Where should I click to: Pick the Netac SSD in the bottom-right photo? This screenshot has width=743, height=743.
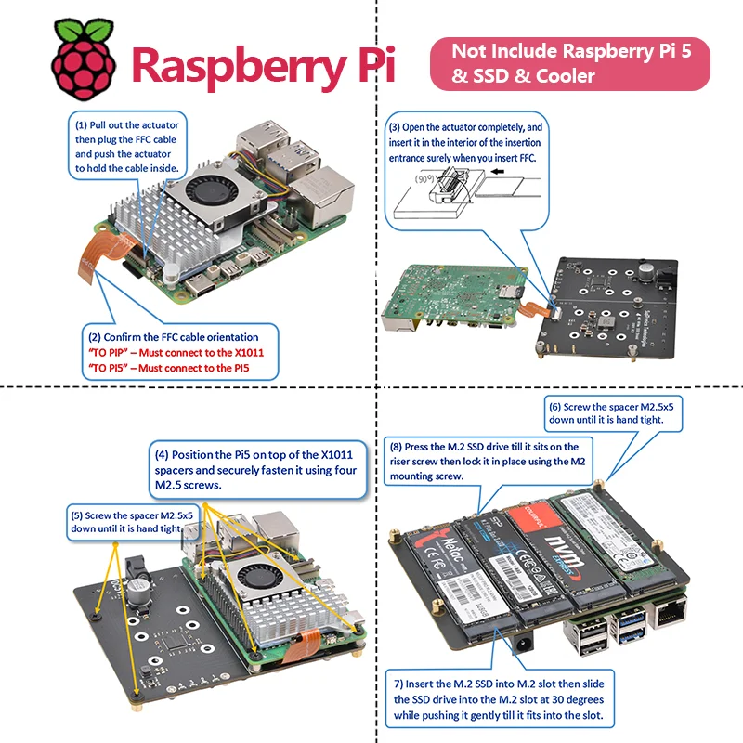click(x=445, y=580)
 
